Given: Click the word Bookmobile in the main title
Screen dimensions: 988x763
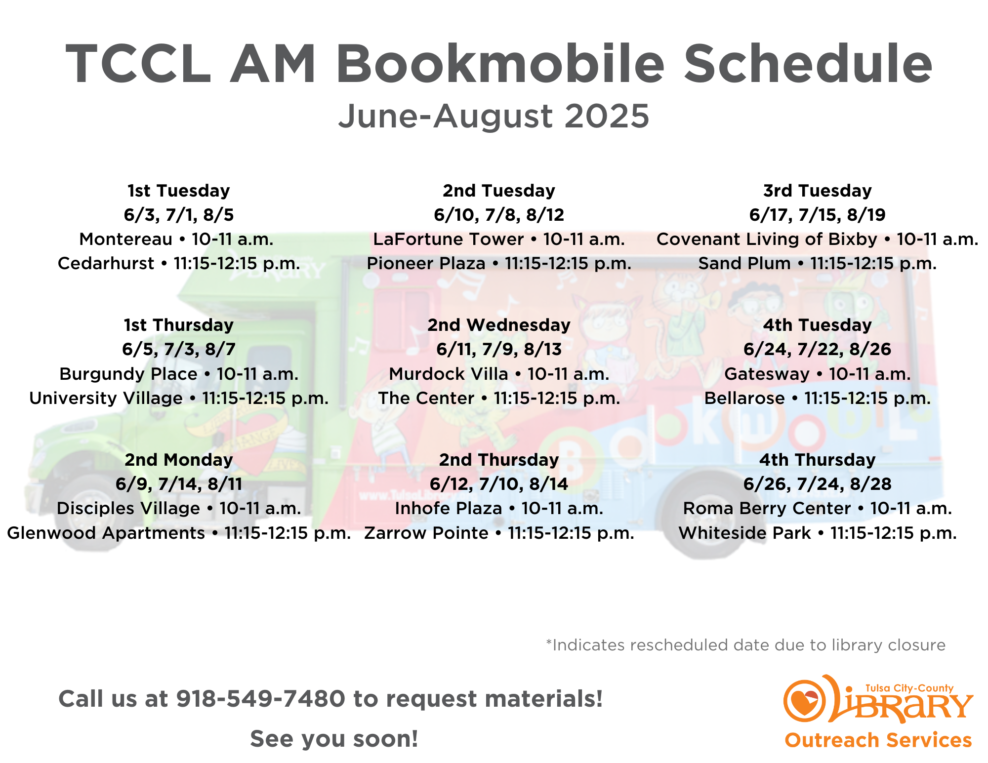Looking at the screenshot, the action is (x=500, y=64).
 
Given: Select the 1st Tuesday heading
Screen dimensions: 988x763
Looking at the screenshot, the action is (x=179, y=191).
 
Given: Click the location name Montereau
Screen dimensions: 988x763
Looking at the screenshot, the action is (x=126, y=239).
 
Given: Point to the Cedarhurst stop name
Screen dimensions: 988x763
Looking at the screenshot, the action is (x=106, y=263).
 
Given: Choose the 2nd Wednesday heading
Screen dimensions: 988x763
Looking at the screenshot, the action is (x=499, y=325).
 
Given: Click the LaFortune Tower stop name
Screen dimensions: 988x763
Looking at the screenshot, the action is (x=449, y=239).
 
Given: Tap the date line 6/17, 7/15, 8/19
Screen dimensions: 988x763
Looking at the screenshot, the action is (x=818, y=215).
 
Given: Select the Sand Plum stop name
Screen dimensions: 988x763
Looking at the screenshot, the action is (x=744, y=263).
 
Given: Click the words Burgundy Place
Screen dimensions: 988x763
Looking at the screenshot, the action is (x=128, y=374).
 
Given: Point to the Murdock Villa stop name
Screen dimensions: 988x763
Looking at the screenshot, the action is (x=449, y=374).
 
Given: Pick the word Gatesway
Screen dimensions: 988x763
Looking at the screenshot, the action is (x=767, y=374).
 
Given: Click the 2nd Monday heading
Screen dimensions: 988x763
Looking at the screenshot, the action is (x=179, y=460).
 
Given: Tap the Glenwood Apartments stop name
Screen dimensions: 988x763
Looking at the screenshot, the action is (x=106, y=533).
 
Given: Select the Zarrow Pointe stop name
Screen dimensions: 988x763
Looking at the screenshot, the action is (x=426, y=533).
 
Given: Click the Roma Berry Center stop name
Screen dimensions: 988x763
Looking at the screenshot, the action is (x=767, y=508).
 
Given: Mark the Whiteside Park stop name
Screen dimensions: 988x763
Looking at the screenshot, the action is (x=745, y=533).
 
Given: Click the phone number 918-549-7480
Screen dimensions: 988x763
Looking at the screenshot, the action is (x=261, y=699).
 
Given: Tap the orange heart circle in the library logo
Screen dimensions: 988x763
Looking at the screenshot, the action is (x=804, y=700).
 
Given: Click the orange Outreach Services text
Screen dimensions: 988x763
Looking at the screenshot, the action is (x=878, y=740).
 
